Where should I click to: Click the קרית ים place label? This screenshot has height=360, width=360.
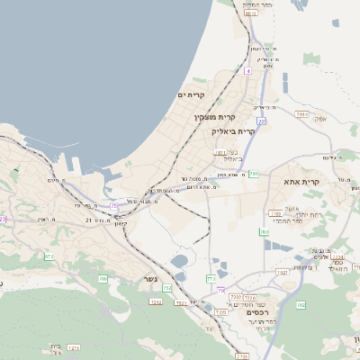point(192,95)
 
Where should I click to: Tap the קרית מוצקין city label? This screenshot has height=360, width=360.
point(215,116)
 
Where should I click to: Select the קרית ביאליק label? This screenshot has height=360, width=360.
point(234,130)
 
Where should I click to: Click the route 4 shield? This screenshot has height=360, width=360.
point(247,69)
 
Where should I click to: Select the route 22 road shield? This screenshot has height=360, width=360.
point(260,120)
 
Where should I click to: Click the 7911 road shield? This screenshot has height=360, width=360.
point(220,153)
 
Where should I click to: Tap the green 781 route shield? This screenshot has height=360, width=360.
point(254,173)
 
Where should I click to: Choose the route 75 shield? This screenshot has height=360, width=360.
point(114,206)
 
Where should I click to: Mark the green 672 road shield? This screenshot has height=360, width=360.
point(49,257)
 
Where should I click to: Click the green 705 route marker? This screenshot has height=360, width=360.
point(102,279)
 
